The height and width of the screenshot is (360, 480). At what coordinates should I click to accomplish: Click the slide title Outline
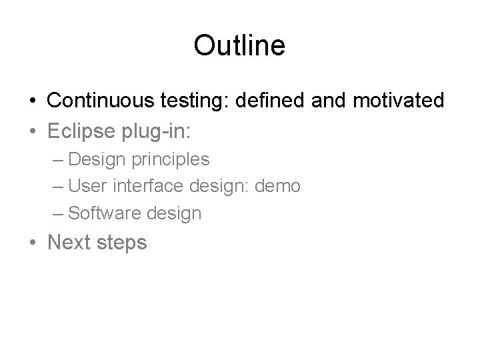pos(239,46)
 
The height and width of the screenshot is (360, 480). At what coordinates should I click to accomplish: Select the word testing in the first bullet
pos(184,101)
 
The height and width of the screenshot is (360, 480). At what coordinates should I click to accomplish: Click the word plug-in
pos(158,131)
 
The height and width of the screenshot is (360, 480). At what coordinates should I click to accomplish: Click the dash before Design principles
pos(57,160)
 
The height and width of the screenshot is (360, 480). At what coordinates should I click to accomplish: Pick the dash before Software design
pos(57,213)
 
